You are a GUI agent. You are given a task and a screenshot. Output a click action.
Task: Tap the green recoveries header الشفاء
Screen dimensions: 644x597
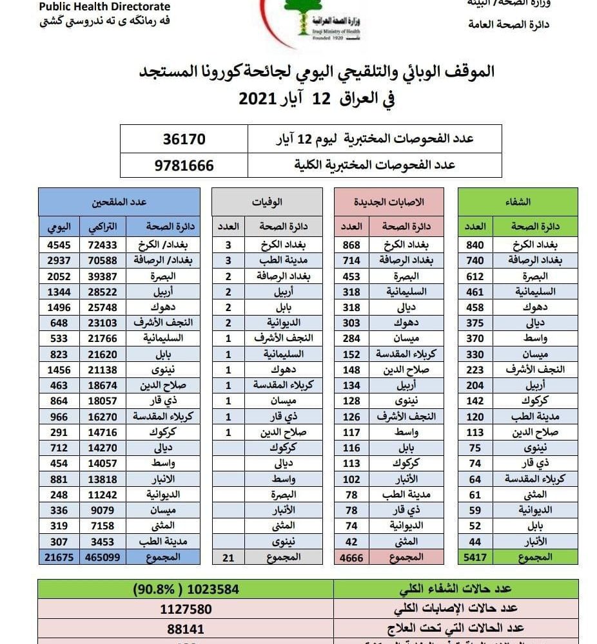[x=518, y=202]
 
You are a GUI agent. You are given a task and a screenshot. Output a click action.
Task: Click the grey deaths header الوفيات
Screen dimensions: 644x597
[x=267, y=202]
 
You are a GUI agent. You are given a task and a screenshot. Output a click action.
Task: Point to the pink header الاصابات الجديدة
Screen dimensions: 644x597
[x=389, y=202]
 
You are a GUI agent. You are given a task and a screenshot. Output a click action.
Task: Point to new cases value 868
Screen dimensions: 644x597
[x=352, y=245]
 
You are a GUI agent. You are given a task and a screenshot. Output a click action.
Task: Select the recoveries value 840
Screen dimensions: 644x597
[x=475, y=245]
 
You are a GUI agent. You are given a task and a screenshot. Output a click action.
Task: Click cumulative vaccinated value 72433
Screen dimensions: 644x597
[x=102, y=245]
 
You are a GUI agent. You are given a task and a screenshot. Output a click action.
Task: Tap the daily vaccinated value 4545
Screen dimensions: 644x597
[x=59, y=245]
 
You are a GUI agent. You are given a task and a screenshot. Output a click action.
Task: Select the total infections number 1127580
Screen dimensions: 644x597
[x=185, y=609]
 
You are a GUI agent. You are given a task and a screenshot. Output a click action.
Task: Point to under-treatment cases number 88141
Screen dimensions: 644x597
[x=185, y=628]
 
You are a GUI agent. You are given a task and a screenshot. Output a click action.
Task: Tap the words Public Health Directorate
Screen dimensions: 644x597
[x=104, y=7]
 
